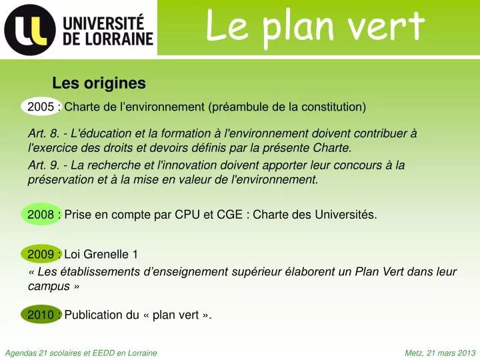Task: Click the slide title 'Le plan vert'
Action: click(x=315, y=27)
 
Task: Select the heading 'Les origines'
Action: click(x=99, y=83)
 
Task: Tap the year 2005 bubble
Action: click(x=41, y=107)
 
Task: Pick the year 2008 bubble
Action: click(x=41, y=215)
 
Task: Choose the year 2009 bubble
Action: click(x=41, y=254)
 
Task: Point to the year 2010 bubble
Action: click(x=41, y=315)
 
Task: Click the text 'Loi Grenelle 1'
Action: click(x=101, y=254)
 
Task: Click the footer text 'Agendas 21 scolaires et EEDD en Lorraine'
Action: click(x=81, y=353)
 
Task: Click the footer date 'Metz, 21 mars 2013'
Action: click(x=440, y=353)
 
